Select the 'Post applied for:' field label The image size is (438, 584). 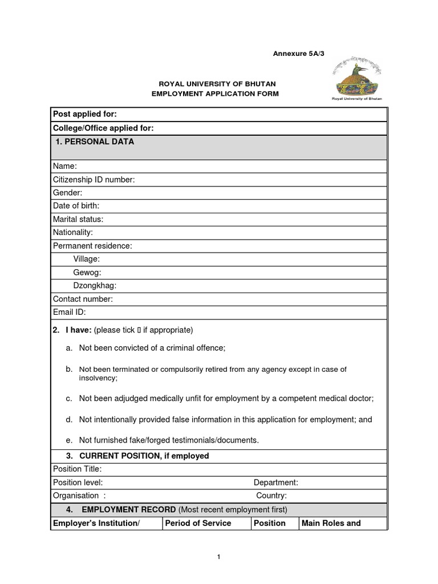click(x=84, y=114)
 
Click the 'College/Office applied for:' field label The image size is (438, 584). click(x=103, y=128)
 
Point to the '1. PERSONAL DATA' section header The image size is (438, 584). click(x=95, y=142)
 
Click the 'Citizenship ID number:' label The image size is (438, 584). click(x=94, y=180)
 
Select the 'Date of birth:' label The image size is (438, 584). click(x=76, y=206)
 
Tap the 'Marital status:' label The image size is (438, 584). click(x=78, y=220)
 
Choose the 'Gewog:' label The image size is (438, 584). click(x=87, y=273)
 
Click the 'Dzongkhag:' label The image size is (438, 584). click(x=95, y=286)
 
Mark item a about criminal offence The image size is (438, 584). click(x=152, y=348)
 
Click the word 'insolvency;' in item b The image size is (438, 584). click(x=98, y=378)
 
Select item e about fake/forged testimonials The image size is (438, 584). click(x=169, y=440)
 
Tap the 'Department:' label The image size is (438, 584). click(x=275, y=482)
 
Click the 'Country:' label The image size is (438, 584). click(x=271, y=496)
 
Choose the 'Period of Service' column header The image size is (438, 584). click(x=198, y=523)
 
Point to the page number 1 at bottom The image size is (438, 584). click(x=219, y=557)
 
